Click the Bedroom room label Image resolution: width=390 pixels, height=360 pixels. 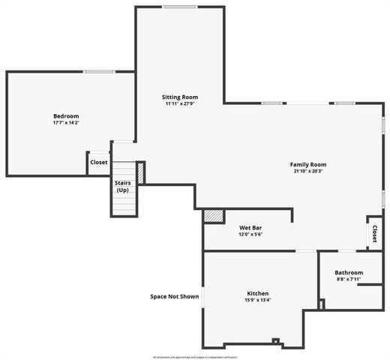point(66,116)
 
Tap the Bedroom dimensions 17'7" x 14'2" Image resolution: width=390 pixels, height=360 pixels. point(66,123)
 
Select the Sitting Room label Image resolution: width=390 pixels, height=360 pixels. point(180,97)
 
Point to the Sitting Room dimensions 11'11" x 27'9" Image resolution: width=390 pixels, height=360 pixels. point(180,104)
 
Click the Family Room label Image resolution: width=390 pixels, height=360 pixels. point(308,164)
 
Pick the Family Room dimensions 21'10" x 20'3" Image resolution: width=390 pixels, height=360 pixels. point(308,171)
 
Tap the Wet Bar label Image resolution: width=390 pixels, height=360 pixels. point(250,227)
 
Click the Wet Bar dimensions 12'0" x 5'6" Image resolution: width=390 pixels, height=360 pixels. point(250,234)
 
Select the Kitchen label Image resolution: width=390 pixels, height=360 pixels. point(258,293)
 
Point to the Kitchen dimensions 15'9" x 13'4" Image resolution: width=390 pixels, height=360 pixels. point(258,300)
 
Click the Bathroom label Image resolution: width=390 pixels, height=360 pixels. point(349,273)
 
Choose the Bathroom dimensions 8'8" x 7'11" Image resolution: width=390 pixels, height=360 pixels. point(349,280)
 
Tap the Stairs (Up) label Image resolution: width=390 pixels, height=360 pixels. point(123,186)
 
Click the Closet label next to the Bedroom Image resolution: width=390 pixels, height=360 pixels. point(99,162)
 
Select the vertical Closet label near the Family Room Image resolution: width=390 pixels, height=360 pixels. point(373,234)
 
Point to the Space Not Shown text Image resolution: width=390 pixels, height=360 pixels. point(175,296)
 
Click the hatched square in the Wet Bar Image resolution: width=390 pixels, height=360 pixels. point(214,216)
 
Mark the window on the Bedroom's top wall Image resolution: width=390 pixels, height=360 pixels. point(99,72)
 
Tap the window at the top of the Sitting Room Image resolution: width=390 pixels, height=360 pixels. point(180,7)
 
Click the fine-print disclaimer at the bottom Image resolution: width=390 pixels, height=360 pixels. point(194,357)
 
